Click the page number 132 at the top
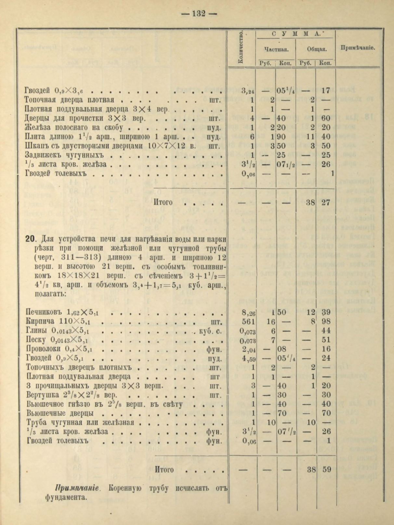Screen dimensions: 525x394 click(x=199, y=14)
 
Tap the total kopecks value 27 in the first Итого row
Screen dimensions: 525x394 click(x=326, y=203)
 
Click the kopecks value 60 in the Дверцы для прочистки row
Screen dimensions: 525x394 click(x=326, y=119)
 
